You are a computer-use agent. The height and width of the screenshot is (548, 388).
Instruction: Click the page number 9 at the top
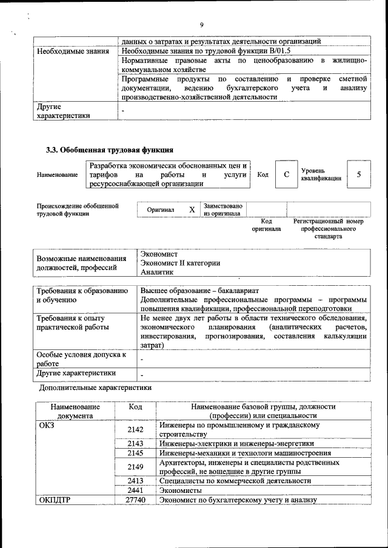(201, 24)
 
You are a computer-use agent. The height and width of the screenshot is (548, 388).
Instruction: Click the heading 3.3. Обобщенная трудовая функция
(110, 150)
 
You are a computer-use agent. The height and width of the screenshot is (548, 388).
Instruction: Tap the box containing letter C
(286, 174)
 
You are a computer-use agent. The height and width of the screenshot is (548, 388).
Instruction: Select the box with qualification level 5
(359, 174)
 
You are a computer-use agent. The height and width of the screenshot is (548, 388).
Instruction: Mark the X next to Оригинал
(192, 210)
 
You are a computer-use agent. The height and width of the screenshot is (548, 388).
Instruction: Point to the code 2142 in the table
(135, 429)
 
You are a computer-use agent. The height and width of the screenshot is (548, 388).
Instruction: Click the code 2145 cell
(135, 453)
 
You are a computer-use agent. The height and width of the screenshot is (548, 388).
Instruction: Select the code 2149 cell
(135, 467)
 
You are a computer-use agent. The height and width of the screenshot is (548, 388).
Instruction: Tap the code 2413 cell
(135, 481)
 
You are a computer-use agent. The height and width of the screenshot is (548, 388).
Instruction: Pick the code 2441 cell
(135, 490)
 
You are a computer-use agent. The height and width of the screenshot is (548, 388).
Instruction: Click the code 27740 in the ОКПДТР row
(135, 500)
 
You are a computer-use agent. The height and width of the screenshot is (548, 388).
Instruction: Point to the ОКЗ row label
(47, 426)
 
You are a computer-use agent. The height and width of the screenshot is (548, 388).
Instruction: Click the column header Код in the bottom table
(135, 407)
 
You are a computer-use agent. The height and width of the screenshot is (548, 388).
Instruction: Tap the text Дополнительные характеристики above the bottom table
(95, 387)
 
